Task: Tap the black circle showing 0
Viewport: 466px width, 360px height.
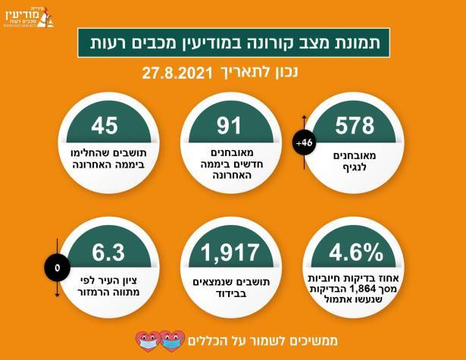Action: coord(57,267)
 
